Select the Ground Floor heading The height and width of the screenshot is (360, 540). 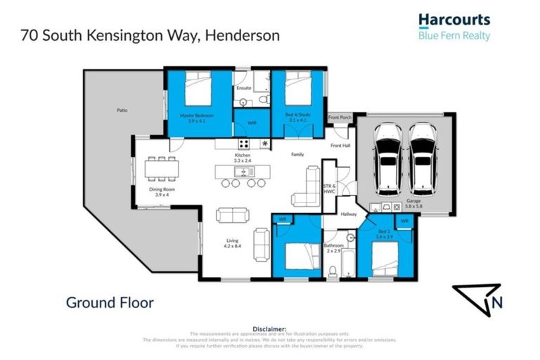[110, 303]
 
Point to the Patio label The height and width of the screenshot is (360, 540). [122, 110]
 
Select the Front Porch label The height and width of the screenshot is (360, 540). [340, 117]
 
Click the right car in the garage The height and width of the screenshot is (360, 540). [423, 159]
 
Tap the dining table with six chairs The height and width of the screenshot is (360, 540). [161, 169]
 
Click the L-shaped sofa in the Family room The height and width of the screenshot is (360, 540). [307, 188]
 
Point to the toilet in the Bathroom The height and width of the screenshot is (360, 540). [333, 271]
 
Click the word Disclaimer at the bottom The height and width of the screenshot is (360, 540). [270, 328]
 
